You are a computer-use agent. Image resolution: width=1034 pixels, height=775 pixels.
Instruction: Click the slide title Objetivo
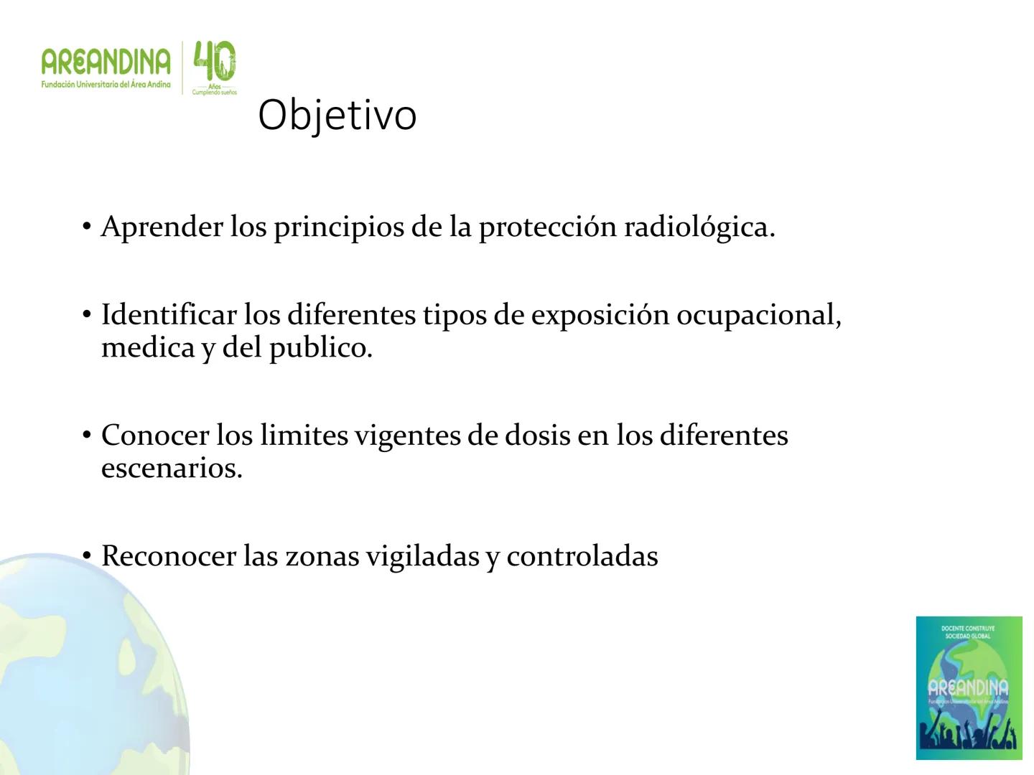337,115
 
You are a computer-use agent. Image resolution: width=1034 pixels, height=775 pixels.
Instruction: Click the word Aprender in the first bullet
162,227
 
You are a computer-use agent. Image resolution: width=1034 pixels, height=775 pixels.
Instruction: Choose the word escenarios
172,469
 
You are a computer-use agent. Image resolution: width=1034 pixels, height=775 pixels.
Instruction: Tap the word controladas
582,556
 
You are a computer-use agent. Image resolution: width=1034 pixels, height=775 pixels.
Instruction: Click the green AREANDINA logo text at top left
106,63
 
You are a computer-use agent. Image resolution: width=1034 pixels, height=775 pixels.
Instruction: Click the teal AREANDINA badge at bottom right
969,687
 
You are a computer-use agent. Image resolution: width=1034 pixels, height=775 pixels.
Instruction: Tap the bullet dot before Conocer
87,436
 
